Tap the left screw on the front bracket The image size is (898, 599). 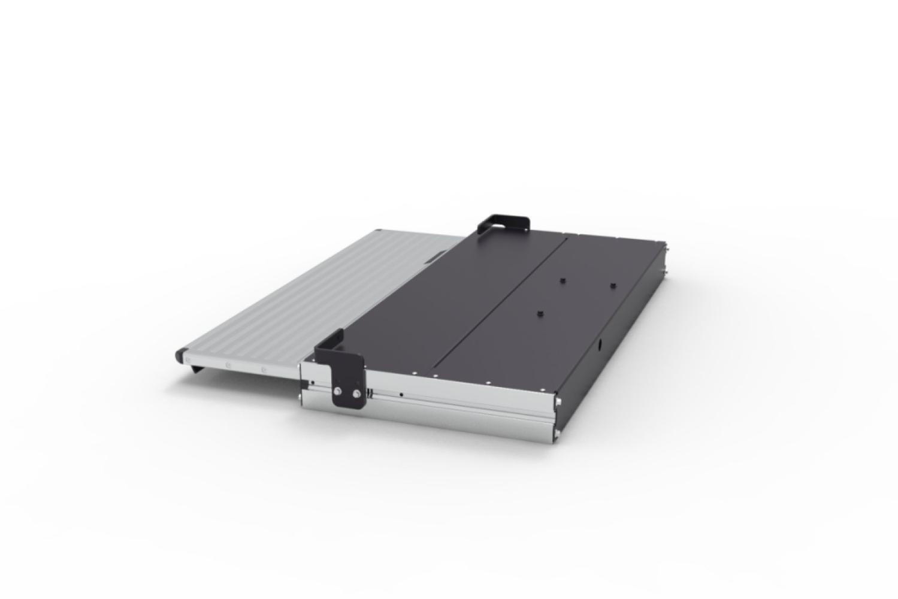pyautogui.click(x=338, y=392)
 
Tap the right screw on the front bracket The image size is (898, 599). pyautogui.click(x=357, y=394)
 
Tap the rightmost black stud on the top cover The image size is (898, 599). pyautogui.click(x=613, y=285)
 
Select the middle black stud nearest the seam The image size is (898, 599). pyautogui.click(x=563, y=280)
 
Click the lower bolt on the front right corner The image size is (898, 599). pyautogui.click(x=557, y=432)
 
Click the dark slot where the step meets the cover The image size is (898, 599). pyautogui.click(x=436, y=256)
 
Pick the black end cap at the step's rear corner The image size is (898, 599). pyautogui.click(x=379, y=231)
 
